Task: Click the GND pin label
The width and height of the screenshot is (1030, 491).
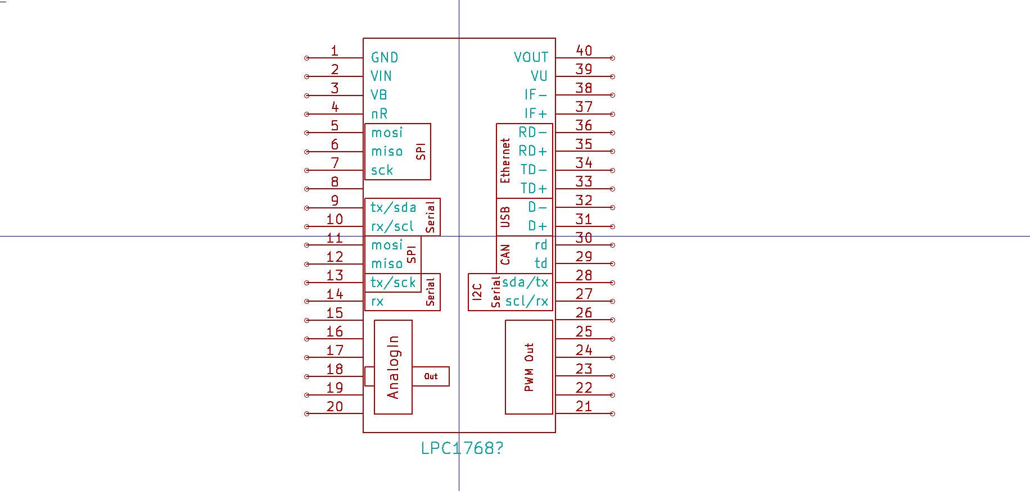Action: click(x=385, y=57)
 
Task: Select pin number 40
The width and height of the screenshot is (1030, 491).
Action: click(x=584, y=51)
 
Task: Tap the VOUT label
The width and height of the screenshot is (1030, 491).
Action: click(x=531, y=57)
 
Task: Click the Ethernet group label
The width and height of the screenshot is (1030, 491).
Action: click(x=505, y=161)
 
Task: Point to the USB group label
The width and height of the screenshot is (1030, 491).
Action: click(x=505, y=217)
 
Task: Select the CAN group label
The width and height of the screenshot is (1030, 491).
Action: click(x=505, y=254)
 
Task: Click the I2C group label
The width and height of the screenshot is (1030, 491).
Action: click(x=477, y=292)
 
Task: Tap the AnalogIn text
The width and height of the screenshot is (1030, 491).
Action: click(x=393, y=367)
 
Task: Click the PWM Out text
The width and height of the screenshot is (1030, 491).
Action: click(x=528, y=367)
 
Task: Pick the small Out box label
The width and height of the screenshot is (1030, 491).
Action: click(x=431, y=376)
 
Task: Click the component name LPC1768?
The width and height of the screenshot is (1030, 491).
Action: click(x=462, y=448)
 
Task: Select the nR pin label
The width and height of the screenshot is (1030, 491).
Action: click(x=379, y=113)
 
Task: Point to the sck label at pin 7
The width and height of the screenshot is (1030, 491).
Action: click(x=382, y=170)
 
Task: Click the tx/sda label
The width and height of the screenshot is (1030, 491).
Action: click(x=393, y=207)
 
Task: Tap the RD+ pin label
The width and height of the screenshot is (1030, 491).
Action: click(x=532, y=151)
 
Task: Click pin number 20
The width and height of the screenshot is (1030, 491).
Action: click(x=335, y=406)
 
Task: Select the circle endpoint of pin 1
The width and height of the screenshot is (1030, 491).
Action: click(x=306, y=58)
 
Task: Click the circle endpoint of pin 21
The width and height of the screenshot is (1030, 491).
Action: click(x=612, y=413)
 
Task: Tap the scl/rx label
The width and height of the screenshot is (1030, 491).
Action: click(x=526, y=301)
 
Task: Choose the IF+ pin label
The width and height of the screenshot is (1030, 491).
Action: click(x=535, y=113)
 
